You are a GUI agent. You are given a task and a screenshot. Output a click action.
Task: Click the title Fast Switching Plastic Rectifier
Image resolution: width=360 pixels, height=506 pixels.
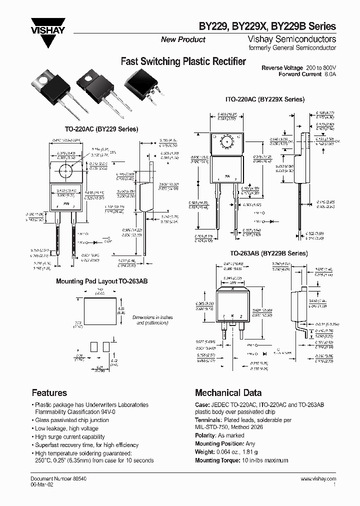tap(183, 62)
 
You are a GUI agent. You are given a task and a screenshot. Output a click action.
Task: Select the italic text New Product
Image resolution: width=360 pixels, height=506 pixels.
tap(183, 39)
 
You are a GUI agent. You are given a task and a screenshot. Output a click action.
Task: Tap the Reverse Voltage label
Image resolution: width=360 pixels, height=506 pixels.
tap(282, 67)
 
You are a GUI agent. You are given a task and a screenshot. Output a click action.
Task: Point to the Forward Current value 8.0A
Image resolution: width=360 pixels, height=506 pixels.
tap(330, 74)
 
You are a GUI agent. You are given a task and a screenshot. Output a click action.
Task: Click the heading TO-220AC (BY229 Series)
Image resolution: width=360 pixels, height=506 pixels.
tap(101, 129)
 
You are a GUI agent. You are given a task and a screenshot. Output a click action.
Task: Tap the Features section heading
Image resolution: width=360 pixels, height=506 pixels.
tap(49, 392)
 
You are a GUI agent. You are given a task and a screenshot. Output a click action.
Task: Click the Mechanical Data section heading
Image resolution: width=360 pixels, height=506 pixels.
tap(228, 392)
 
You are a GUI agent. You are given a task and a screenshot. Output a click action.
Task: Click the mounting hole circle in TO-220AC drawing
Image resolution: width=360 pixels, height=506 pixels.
tap(65, 170)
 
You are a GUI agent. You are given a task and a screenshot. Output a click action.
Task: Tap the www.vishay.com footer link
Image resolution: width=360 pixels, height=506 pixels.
tap(318, 478)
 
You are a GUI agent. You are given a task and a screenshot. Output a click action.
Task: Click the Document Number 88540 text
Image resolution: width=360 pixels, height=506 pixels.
tap(55, 478)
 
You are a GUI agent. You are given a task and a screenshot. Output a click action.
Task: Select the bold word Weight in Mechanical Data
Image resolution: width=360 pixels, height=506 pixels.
tap(205, 452)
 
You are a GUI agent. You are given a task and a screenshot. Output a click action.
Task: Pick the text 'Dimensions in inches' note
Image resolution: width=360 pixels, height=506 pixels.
tap(152, 317)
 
